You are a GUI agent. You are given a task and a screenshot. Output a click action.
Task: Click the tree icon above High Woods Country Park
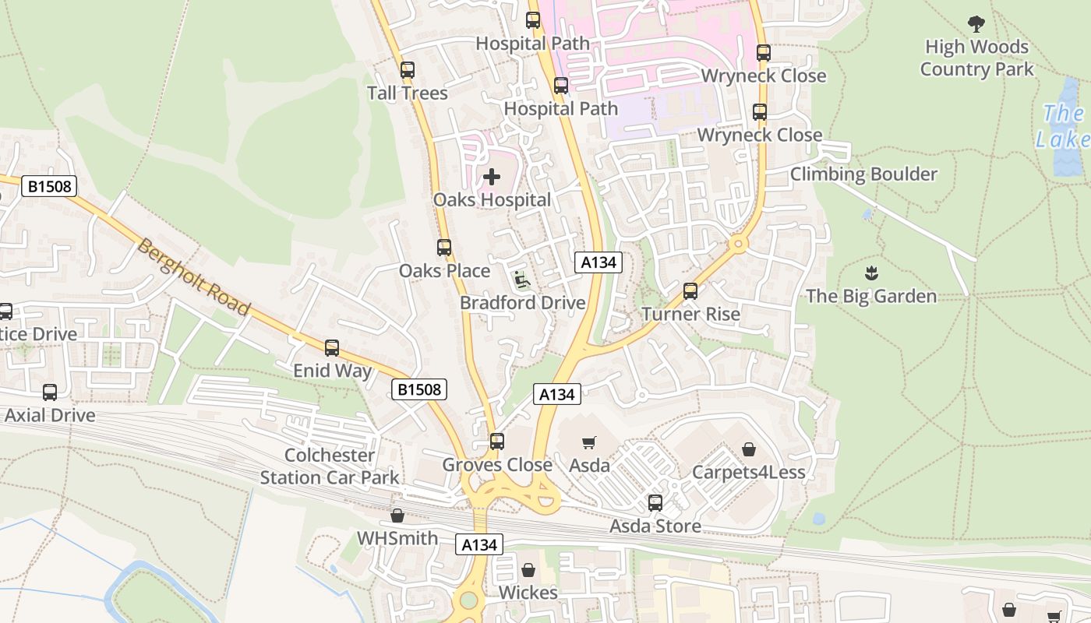click(x=976, y=24)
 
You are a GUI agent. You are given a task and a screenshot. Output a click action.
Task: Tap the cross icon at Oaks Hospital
click(x=492, y=177)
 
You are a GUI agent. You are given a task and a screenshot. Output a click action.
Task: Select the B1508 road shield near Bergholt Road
click(x=48, y=186)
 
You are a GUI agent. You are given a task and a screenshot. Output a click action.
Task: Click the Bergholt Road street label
click(x=195, y=276)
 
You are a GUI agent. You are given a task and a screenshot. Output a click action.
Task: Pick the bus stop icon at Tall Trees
click(x=408, y=70)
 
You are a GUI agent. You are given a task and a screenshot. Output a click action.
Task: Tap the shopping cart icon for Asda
click(x=589, y=442)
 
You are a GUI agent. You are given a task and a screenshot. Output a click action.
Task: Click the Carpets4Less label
click(x=749, y=472)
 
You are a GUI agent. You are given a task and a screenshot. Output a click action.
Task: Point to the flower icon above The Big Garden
click(x=871, y=273)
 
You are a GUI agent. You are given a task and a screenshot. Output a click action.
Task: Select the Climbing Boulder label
click(x=863, y=174)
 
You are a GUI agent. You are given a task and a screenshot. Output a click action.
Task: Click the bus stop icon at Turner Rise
click(x=690, y=291)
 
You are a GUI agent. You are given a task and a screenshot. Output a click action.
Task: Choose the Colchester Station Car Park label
click(x=330, y=466)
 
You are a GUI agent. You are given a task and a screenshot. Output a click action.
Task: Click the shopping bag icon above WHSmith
click(x=397, y=516)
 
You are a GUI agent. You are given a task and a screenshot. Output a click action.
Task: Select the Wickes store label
click(x=528, y=593)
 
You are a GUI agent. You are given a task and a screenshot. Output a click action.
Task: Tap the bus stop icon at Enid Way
click(x=332, y=348)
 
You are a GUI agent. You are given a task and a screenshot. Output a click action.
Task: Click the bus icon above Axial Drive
click(x=50, y=392)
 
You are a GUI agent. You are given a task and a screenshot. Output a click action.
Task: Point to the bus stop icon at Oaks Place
click(x=444, y=248)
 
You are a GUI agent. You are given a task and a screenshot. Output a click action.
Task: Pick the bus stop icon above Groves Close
click(x=497, y=442)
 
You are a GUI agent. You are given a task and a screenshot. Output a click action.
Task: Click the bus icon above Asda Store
click(x=655, y=503)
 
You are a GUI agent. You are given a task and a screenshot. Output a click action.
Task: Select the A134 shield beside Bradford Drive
click(x=598, y=262)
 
